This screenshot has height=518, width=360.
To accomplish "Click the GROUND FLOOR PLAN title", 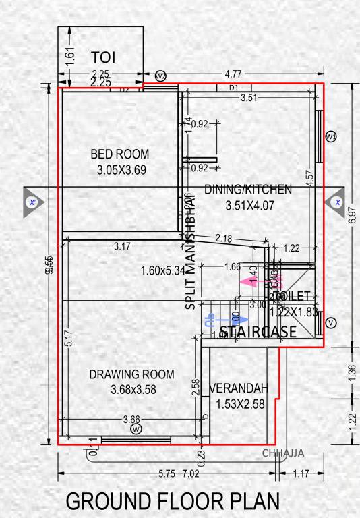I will [x=171, y=502].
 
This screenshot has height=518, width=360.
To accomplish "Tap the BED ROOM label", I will [x=120, y=154].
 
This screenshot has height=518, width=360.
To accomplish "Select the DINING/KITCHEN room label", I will [x=248, y=190].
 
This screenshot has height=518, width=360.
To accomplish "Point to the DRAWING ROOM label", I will [x=131, y=374].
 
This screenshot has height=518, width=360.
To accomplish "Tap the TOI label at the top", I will [x=104, y=56].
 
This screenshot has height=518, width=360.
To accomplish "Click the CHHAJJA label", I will [x=283, y=453].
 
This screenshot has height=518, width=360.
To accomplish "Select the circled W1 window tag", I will [x=331, y=137].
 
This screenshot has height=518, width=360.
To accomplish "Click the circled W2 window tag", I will [x=160, y=75].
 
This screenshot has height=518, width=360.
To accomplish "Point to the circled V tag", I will [x=330, y=323].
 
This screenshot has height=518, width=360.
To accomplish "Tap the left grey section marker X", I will [x=32, y=202].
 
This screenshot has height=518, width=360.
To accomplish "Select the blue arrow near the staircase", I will [x=214, y=317].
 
